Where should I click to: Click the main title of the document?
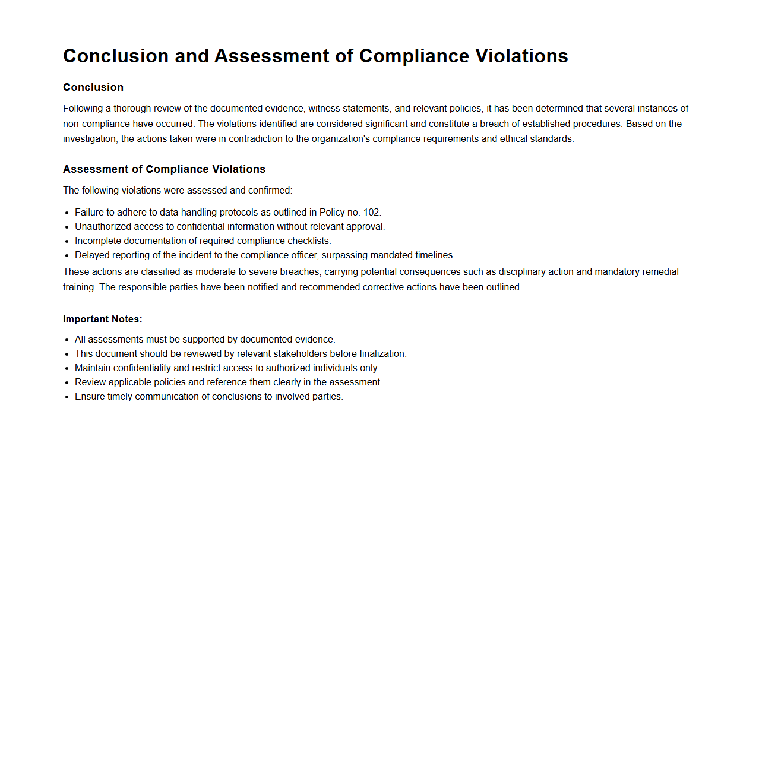coord(315,56)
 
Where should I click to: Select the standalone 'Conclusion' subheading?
coord(93,87)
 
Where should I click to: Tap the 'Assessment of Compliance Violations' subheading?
coord(164,169)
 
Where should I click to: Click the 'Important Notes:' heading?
coord(103,319)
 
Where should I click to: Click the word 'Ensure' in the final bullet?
coord(90,397)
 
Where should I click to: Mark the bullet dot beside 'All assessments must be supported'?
coord(67,340)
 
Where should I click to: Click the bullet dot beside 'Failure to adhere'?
coord(67,213)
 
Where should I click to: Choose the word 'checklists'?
coord(308,241)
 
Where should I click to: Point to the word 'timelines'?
coord(435,255)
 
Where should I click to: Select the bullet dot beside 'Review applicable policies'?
coord(67,383)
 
